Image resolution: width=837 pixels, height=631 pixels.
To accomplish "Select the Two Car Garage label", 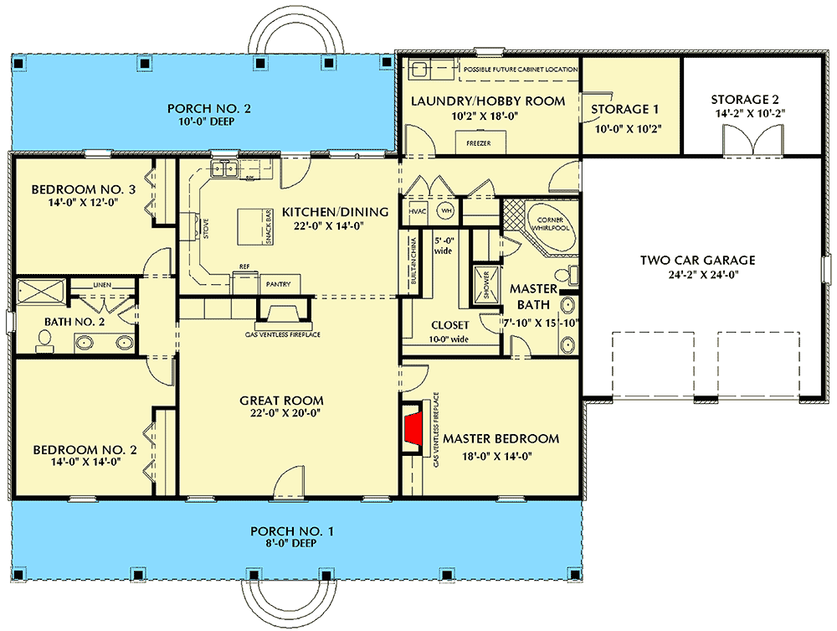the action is click(x=698, y=261).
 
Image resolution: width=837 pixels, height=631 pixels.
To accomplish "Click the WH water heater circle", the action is click(x=446, y=210).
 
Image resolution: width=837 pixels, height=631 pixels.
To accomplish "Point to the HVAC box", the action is click(x=418, y=211).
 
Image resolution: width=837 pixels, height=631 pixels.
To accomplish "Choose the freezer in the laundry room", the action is click(x=478, y=142).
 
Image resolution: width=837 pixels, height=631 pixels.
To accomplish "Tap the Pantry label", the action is click(x=278, y=284).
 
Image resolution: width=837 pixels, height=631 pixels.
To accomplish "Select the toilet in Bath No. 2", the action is click(x=44, y=340).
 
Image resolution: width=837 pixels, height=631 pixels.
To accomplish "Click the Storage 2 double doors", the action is click(x=753, y=140).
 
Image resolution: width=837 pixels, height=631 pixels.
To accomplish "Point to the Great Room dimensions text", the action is click(x=281, y=412).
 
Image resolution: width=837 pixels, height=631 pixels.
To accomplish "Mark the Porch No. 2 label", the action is click(x=208, y=108).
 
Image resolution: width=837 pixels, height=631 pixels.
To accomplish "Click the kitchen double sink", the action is click(x=224, y=168).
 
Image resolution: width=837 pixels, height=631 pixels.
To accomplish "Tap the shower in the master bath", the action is click(x=486, y=285).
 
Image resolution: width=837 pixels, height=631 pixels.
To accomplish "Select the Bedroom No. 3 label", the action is click(x=83, y=189).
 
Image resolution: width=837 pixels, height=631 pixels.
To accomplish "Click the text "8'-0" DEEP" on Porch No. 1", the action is click(x=291, y=543).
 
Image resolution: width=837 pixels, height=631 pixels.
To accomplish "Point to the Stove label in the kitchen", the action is click(x=206, y=228).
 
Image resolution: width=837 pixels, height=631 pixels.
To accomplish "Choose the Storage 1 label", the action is click(x=624, y=109).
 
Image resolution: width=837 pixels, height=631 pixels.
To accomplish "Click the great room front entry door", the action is click(x=289, y=483).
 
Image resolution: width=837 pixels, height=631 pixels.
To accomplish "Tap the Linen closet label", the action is click(x=102, y=285).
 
